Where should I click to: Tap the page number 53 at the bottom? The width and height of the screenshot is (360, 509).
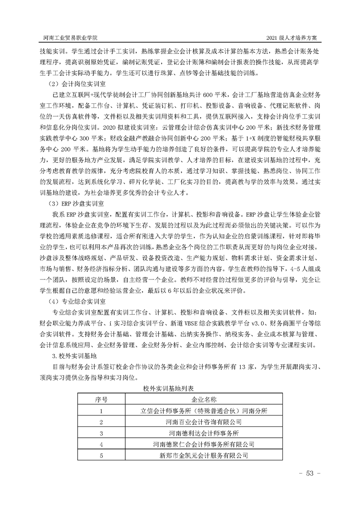310,473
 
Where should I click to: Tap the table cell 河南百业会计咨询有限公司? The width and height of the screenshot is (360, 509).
204,422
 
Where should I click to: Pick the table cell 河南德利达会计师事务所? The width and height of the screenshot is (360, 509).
204,433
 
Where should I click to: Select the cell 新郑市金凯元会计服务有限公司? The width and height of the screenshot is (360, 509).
204,455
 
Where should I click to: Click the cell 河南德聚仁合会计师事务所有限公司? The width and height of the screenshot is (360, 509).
204,444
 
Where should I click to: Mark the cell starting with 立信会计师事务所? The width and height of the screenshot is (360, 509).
204,411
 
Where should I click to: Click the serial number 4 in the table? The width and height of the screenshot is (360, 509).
101,444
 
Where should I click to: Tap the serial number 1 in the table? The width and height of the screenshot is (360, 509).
101,411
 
